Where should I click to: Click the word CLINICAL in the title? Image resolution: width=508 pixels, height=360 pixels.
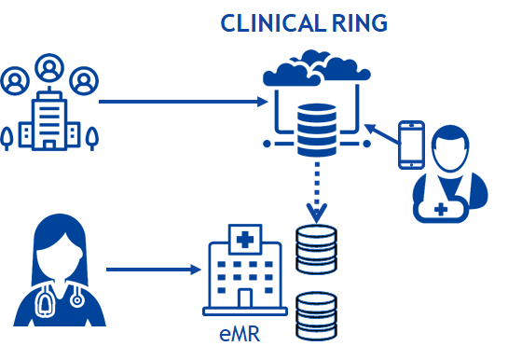point(265,22)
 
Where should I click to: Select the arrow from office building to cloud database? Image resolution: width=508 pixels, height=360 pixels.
point(177,101)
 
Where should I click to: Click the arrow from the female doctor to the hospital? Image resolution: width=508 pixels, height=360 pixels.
point(153,270)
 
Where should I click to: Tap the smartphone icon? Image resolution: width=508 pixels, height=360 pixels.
point(411,145)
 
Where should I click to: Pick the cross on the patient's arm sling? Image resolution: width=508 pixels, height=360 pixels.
point(439,210)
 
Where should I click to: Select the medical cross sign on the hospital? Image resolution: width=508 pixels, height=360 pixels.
point(244,242)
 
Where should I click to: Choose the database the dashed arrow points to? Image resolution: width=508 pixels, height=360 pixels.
point(315,247)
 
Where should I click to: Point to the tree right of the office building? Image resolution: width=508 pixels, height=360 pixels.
point(91,138)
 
